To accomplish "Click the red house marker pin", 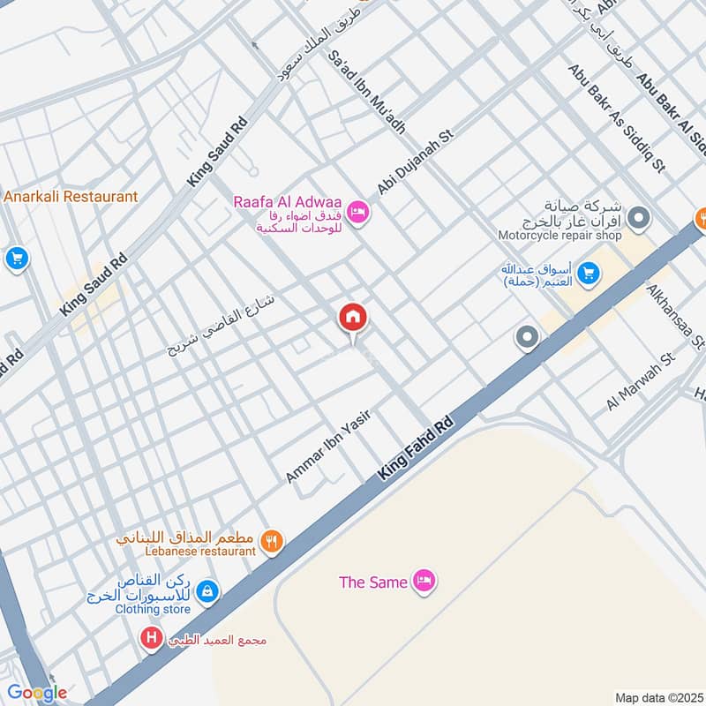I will point(353,317).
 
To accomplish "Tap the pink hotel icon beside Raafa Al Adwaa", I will point(357,212).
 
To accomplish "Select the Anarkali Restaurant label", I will point(71,197).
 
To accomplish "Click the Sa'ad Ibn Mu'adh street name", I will point(365,90).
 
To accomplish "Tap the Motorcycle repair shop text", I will point(560,236).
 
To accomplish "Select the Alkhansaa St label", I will point(676,315).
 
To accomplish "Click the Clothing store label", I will point(152,609).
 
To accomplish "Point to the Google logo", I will point(37,693).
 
